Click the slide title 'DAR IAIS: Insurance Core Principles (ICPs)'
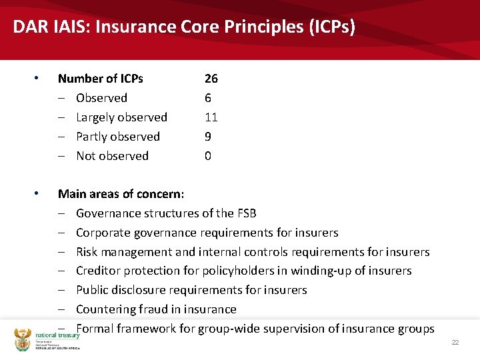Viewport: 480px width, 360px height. click(x=184, y=27)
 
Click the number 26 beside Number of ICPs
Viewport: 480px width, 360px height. click(x=211, y=79)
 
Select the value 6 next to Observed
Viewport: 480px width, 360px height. click(x=208, y=98)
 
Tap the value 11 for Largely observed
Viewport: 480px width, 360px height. click(x=211, y=117)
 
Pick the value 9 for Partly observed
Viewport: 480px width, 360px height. click(x=208, y=137)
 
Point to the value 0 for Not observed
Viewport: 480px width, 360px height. click(x=208, y=156)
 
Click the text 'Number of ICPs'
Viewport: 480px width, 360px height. click(x=100, y=79)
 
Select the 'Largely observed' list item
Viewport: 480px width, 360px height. click(x=121, y=117)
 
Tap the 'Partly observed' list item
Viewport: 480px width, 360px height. click(x=118, y=137)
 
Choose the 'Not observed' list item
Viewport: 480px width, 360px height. click(x=112, y=156)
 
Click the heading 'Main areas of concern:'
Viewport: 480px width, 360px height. click(x=121, y=194)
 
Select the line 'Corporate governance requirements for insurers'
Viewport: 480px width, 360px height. click(x=207, y=233)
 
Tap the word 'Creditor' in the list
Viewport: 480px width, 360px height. click(x=98, y=271)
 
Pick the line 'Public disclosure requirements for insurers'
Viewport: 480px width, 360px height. click(x=191, y=290)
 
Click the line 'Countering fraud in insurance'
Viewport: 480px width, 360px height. click(x=156, y=309)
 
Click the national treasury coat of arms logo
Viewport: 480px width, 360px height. click(x=23, y=339)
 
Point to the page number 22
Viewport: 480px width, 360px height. click(x=455, y=342)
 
